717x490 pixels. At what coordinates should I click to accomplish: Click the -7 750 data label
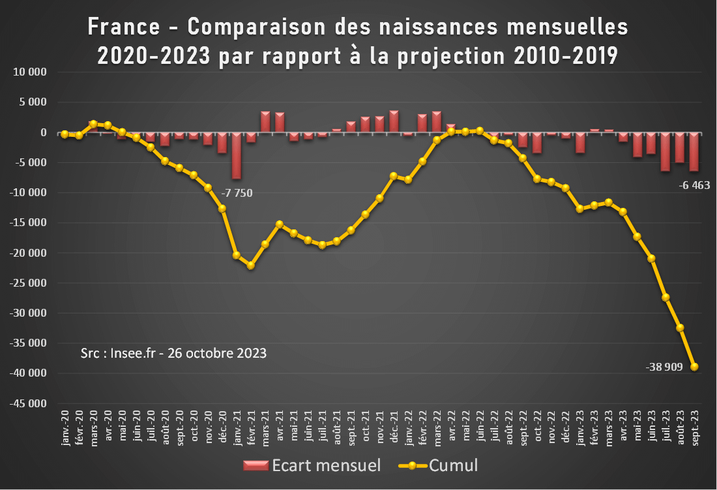(237, 193)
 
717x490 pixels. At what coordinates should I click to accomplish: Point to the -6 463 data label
(694, 185)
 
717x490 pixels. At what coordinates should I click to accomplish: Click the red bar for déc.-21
(394, 122)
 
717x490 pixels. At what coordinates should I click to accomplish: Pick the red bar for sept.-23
(694, 152)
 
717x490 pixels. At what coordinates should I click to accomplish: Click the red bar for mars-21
(265, 122)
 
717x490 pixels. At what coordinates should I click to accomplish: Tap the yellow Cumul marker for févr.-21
(251, 265)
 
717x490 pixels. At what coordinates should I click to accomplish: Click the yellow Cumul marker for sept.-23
(694, 367)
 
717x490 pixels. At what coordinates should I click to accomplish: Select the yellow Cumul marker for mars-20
(93, 124)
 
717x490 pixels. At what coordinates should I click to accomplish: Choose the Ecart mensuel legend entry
(311, 465)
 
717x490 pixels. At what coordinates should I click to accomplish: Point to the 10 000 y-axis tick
(31, 72)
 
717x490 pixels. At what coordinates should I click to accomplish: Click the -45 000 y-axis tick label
(29, 403)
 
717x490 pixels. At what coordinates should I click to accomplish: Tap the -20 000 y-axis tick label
(29, 253)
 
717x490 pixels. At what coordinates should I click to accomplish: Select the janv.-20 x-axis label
(65, 428)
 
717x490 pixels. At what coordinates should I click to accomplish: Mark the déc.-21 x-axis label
(394, 428)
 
